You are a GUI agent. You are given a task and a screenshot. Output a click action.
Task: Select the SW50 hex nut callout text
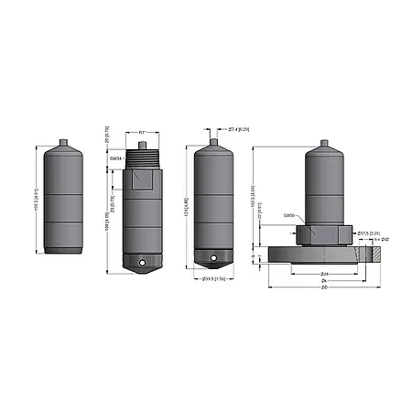coord(289,215)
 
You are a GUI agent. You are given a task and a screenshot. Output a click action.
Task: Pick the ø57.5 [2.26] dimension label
coord(369,233)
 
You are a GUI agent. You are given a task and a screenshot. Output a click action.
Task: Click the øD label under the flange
coord(324,287)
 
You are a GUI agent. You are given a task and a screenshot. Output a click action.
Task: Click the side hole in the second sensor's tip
coord(142,266)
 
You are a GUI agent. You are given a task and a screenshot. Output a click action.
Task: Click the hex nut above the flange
coord(324,234)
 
